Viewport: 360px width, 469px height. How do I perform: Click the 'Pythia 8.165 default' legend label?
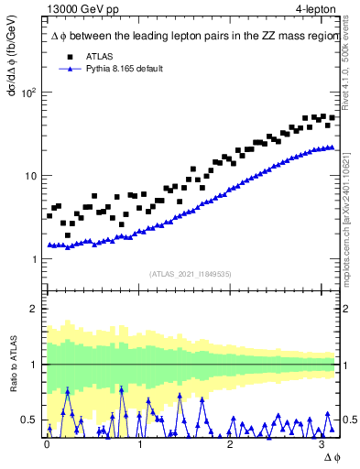122,69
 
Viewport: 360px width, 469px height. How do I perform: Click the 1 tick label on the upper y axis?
35,259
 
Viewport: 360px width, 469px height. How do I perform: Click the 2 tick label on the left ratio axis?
36,309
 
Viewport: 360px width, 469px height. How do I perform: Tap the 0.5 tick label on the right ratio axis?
349,420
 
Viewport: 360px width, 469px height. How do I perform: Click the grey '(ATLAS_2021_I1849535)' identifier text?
191,272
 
